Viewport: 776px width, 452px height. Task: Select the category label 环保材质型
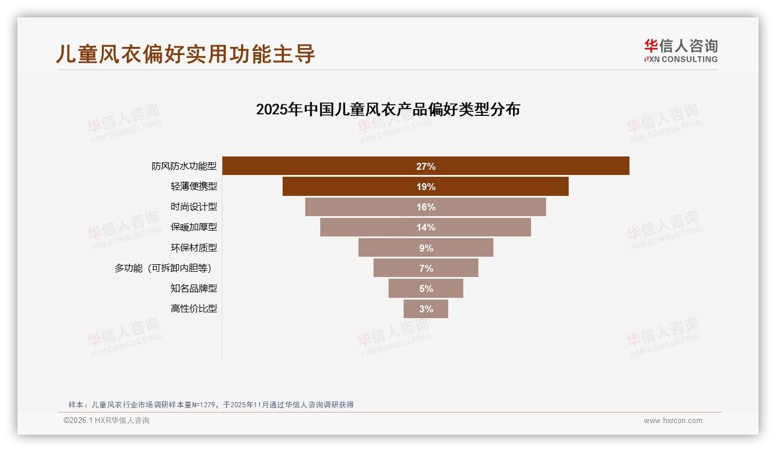193,248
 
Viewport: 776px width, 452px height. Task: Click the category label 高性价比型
193,309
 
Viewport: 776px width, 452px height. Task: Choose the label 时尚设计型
193,207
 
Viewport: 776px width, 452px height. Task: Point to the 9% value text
426,248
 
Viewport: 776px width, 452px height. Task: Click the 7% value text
426,268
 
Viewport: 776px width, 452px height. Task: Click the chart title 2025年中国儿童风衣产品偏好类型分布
388,109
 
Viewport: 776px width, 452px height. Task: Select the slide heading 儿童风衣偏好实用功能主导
185,54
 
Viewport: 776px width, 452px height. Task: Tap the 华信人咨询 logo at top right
680,50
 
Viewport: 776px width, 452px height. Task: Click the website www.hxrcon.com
673,421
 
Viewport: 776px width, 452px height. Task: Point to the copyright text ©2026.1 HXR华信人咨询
107,421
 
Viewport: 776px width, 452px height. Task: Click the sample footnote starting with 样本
211,405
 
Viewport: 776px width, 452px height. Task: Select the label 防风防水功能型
184,166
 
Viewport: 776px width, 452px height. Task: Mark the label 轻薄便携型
193,187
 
